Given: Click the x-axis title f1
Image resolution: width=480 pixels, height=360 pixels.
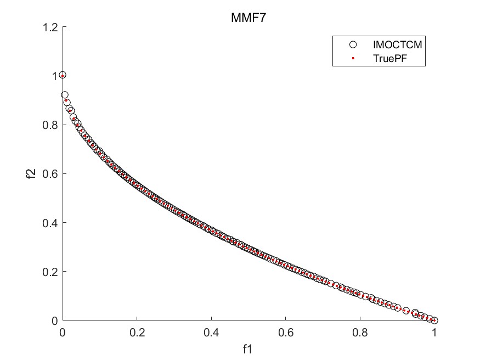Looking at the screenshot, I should (x=249, y=348).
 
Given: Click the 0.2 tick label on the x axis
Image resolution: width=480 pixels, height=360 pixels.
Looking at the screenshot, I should (x=137, y=332).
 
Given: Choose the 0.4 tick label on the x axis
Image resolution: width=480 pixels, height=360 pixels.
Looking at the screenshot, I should (x=211, y=332).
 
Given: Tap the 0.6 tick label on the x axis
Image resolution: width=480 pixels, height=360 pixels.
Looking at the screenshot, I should (x=286, y=332).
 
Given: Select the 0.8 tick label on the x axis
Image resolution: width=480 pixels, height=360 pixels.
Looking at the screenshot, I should (x=360, y=332).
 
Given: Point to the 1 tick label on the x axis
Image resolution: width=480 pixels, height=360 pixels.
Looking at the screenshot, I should (x=434, y=332).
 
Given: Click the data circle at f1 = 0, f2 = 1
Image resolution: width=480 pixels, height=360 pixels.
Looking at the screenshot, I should (x=63, y=75).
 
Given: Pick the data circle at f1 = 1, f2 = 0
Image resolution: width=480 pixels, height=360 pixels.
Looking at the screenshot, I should (x=434, y=320).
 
